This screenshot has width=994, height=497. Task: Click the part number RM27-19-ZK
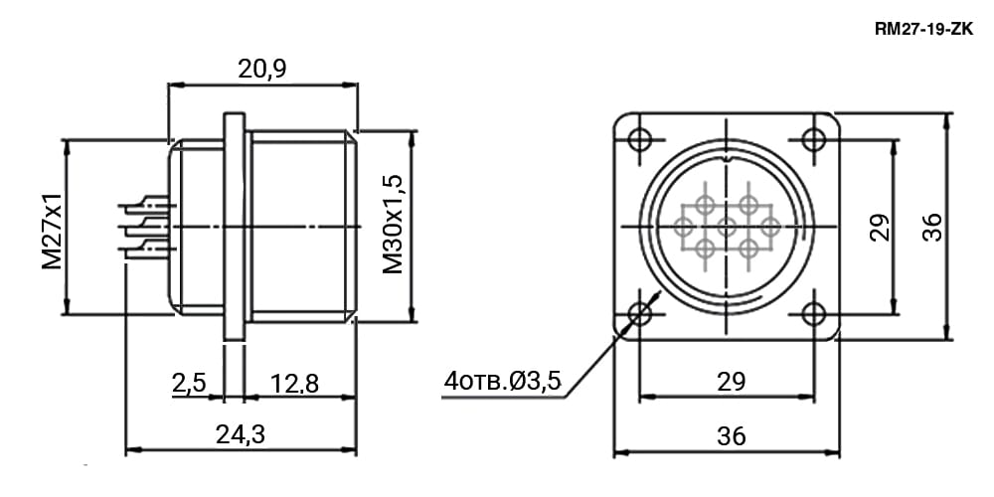pyautogui.click(x=923, y=29)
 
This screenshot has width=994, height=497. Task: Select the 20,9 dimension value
pyautogui.click(x=261, y=70)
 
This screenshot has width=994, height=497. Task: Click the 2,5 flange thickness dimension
pyautogui.click(x=189, y=383)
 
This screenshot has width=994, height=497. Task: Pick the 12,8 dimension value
pyautogui.click(x=295, y=383)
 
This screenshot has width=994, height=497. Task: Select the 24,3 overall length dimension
pyautogui.click(x=241, y=435)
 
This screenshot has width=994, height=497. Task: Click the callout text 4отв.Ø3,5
pyautogui.click(x=502, y=381)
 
